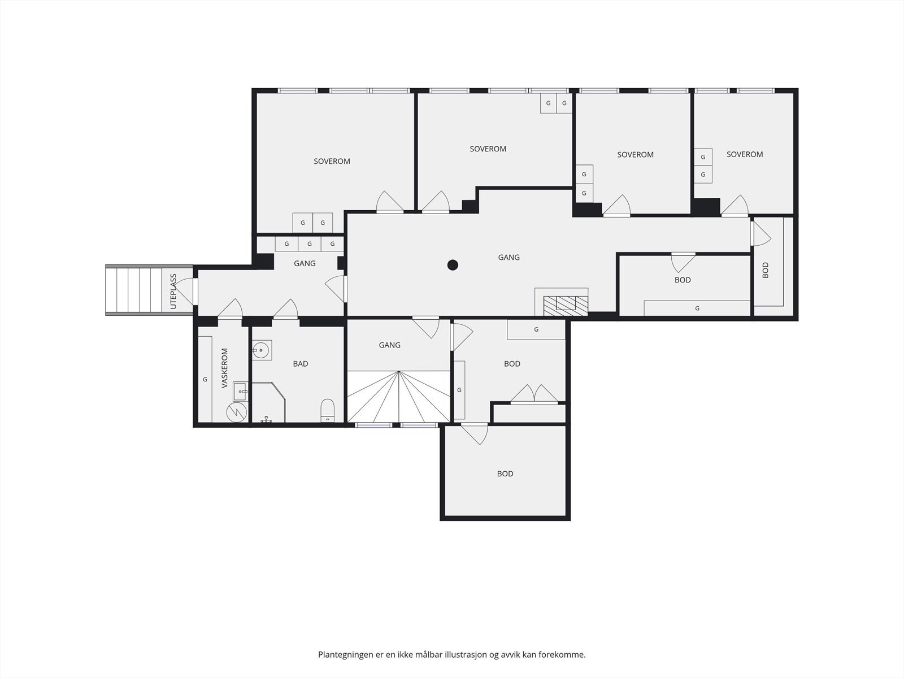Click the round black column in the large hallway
click(x=453, y=265)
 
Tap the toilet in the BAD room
click(x=327, y=410)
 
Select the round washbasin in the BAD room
click(x=260, y=350)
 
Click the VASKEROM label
click(x=224, y=368)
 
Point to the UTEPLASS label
click(x=173, y=292)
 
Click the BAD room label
click(x=301, y=363)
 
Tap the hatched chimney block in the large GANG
click(x=566, y=306)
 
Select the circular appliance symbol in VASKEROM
click(x=236, y=411)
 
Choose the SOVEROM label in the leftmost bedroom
click(x=332, y=162)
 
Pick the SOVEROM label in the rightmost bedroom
click(x=745, y=154)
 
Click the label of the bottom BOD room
click(x=505, y=474)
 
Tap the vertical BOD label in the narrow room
click(x=766, y=270)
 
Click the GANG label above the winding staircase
click(x=390, y=345)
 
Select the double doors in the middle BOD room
click(x=534, y=394)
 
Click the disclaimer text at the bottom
click(x=452, y=654)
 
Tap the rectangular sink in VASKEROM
click(x=240, y=392)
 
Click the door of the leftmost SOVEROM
click(x=390, y=202)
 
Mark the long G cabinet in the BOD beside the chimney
click(x=697, y=308)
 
